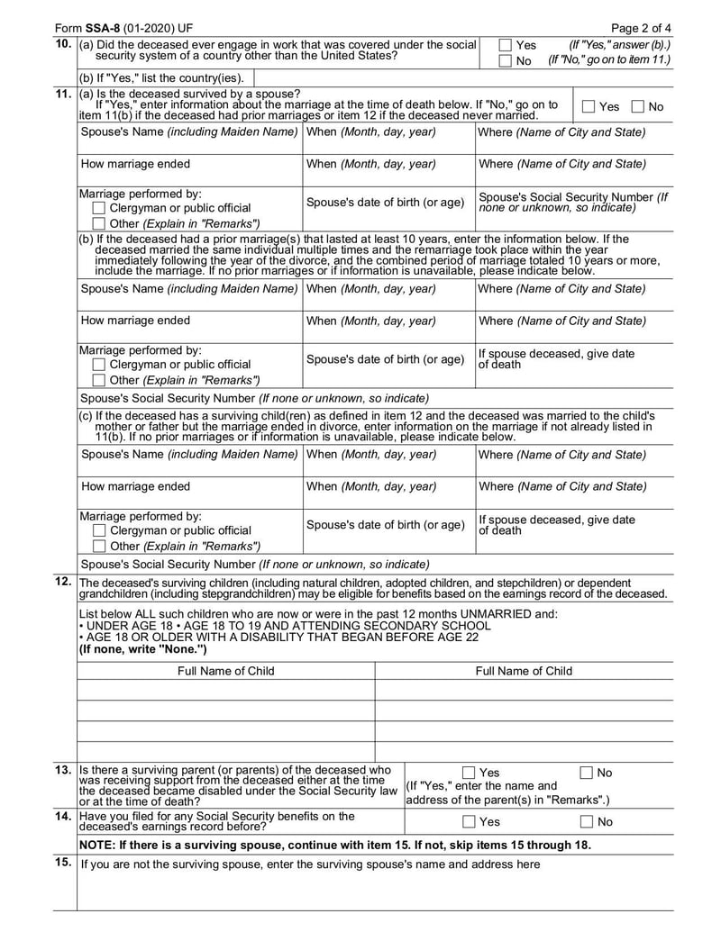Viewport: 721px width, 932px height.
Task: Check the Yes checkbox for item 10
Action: click(506, 45)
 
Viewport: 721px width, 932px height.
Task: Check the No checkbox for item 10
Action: click(506, 60)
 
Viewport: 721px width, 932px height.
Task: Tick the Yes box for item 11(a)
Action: click(589, 107)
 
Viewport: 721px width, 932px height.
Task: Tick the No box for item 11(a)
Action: click(638, 107)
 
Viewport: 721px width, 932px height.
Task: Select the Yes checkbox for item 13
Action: click(469, 773)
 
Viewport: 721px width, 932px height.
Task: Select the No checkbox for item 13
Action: click(587, 773)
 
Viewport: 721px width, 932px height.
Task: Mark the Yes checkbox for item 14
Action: click(469, 821)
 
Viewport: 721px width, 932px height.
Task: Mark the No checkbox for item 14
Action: click(587, 821)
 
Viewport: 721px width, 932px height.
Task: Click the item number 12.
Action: click(63, 582)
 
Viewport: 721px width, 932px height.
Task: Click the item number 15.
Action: click(63, 863)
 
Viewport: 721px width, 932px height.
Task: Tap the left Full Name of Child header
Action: click(226, 671)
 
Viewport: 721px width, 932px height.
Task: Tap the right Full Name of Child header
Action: click(524, 671)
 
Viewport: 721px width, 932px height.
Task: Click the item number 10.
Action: click(63, 44)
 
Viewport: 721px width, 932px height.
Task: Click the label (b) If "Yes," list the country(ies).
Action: click(161, 77)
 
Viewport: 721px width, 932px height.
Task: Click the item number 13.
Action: click(63, 771)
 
